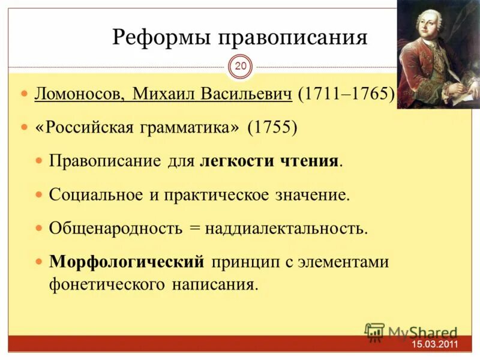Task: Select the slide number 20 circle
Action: (240, 67)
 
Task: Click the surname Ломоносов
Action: (80, 95)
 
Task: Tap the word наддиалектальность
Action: (285, 229)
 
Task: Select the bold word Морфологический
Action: (127, 262)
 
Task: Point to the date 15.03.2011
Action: (434, 344)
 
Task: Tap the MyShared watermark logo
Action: (412, 332)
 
